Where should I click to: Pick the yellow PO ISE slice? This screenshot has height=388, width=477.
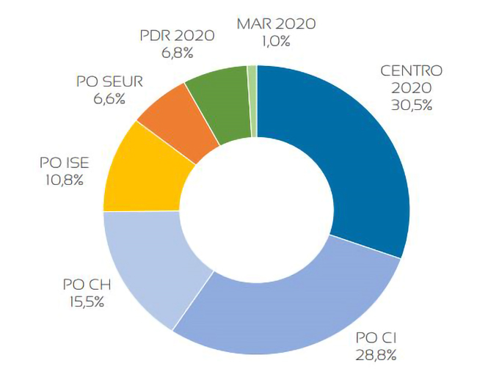[x=143, y=172]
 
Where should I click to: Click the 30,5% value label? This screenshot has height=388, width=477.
[x=411, y=104]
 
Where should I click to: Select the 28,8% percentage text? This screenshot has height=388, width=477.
[x=376, y=356]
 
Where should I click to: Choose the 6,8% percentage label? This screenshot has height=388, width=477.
[x=178, y=53]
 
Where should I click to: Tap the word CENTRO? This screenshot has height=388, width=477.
[x=411, y=71]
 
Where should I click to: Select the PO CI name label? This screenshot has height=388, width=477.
[x=376, y=338]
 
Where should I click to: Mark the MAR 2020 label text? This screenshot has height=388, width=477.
[x=276, y=23]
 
